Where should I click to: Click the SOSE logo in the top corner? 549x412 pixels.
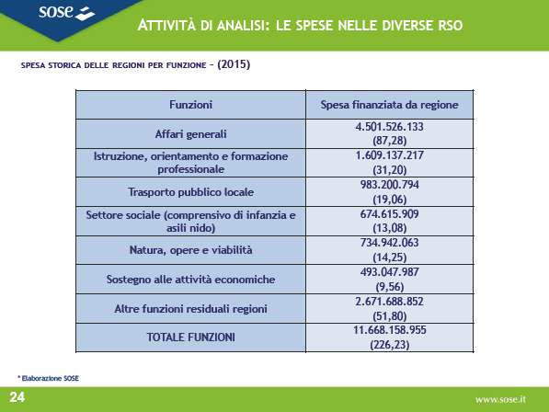[66, 12]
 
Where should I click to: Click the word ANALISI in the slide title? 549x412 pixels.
[243, 26]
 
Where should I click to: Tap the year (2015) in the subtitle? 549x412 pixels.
[234, 64]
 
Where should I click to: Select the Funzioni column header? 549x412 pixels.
[191, 105]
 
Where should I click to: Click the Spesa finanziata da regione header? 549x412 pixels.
[389, 105]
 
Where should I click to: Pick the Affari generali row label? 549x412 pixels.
[191, 134]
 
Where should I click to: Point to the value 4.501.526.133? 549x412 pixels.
[389, 126]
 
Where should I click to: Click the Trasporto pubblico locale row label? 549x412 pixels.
[191, 192]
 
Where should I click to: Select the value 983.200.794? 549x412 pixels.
[389, 185]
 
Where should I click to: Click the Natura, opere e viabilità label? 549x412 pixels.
[191, 250]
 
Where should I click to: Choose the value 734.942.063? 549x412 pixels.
[389, 243]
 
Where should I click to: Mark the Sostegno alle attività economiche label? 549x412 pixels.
[191, 280]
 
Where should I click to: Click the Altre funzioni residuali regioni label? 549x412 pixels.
[191, 309]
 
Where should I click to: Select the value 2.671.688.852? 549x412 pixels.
[389, 302]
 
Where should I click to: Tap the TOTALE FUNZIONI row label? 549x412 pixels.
[191, 338]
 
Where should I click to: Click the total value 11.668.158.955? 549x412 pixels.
[389, 330]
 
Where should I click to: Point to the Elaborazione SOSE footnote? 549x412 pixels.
[49, 378]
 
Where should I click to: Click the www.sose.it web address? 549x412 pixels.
[500, 399]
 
